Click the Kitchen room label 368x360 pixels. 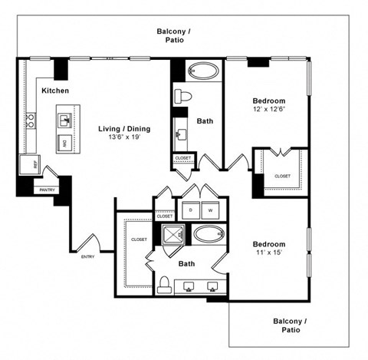(x=55, y=91)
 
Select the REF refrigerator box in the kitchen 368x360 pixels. (x=35, y=163)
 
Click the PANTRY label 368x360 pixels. (x=47, y=190)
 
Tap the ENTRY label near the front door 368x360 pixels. (x=87, y=256)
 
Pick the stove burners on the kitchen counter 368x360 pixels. (x=31, y=121)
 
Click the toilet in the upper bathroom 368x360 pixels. (x=182, y=96)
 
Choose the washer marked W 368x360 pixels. (x=209, y=210)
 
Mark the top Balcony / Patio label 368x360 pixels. (x=174, y=36)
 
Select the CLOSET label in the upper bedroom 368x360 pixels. (x=282, y=176)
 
